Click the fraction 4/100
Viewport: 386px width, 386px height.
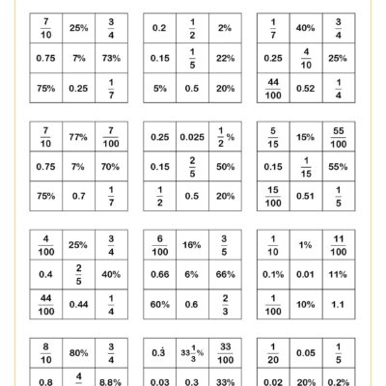click(46, 245)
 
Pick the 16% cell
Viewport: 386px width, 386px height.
click(193, 245)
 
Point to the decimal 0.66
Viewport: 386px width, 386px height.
click(161, 274)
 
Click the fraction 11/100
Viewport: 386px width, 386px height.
click(339, 245)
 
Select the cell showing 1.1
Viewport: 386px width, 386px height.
click(339, 303)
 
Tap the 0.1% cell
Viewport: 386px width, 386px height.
click(275, 274)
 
